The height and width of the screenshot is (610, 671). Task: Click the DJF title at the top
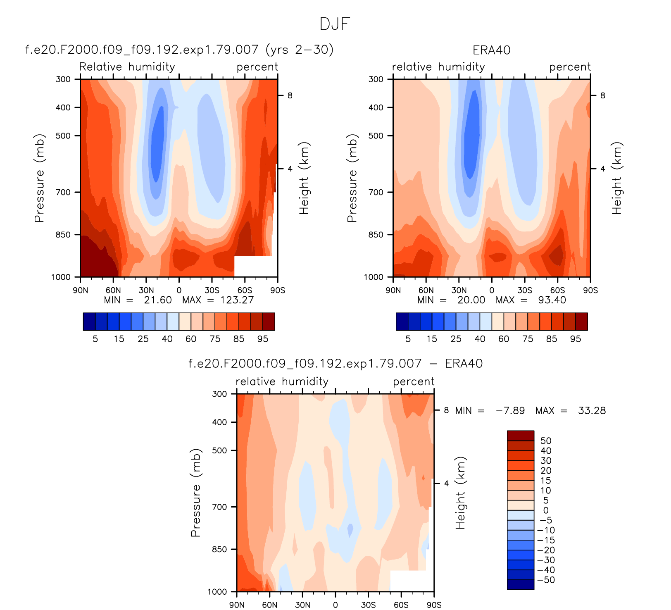pyautogui.click(x=335, y=24)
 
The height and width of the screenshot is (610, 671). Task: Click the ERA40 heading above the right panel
pyautogui.click(x=491, y=50)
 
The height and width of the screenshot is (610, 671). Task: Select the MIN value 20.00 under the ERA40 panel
pyautogui.click(x=471, y=300)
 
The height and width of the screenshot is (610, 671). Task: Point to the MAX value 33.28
pyautogui.click(x=592, y=411)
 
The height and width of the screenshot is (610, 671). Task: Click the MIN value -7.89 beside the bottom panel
pyautogui.click(x=510, y=411)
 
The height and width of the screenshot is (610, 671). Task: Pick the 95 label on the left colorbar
pyautogui.click(x=263, y=339)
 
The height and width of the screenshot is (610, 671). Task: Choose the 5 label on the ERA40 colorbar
pyautogui.click(x=408, y=339)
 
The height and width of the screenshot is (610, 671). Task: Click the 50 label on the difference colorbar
pyautogui.click(x=546, y=441)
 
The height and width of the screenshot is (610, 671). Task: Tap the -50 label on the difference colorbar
pyautogui.click(x=546, y=580)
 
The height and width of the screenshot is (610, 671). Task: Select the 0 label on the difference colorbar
pyautogui.click(x=546, y=510)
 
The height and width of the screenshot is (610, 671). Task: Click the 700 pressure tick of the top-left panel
pyautogui.click(x=63, y=192)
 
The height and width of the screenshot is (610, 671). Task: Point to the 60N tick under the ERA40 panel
pyautogui.click(x=426, y=290)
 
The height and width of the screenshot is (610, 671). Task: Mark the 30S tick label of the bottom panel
pyautogui.click(x=368, y=605)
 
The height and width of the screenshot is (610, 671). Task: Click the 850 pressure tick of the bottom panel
pyautogui.click(x=219, y=549)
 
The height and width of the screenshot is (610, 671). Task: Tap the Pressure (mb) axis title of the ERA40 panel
pyautogui.click(x=352, y=178)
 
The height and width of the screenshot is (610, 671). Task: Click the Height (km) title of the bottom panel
pyautogui.click(x=460, y=493)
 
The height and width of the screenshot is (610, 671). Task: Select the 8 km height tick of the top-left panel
pyautogui.click(x=290, y=96)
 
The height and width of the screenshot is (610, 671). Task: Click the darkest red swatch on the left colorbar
pyautogui.click(x=269, y=322)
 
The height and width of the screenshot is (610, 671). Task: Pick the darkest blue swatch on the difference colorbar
pyautogui.click(x=521, y=584)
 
